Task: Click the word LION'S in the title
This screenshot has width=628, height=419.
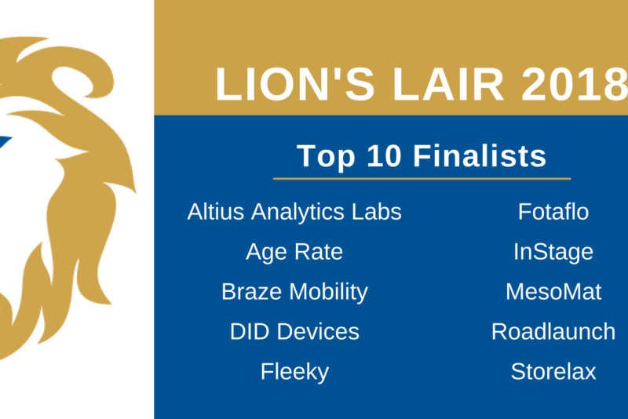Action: coord(295,85)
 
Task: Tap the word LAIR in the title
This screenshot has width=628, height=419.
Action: coord(447,85)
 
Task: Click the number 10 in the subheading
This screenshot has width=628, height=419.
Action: coord(384,155)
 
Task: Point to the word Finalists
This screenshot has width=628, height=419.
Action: coord(480,155)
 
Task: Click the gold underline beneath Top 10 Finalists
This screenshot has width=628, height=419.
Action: coord(422,178)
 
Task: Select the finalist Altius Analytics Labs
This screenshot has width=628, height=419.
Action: coord(294,212)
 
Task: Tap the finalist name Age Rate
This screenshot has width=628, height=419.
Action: coord(294,252)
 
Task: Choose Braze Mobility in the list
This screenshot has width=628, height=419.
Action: coord(294,292)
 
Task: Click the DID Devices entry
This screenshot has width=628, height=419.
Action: coord(294,332)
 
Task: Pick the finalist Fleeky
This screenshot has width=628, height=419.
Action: coord(294,372)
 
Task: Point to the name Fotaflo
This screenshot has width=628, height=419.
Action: coord(553,212)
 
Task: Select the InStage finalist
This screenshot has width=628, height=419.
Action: coord(553,252)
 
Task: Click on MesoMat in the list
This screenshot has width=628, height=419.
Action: coord(553,292)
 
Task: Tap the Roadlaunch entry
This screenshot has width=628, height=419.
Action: coord(553,332)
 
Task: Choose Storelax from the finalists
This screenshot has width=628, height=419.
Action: coord(553,372)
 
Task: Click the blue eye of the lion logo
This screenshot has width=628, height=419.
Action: coord(4,142)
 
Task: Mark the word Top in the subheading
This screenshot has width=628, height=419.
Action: coord(326,156)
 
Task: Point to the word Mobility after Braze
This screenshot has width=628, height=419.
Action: coord(328,293)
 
